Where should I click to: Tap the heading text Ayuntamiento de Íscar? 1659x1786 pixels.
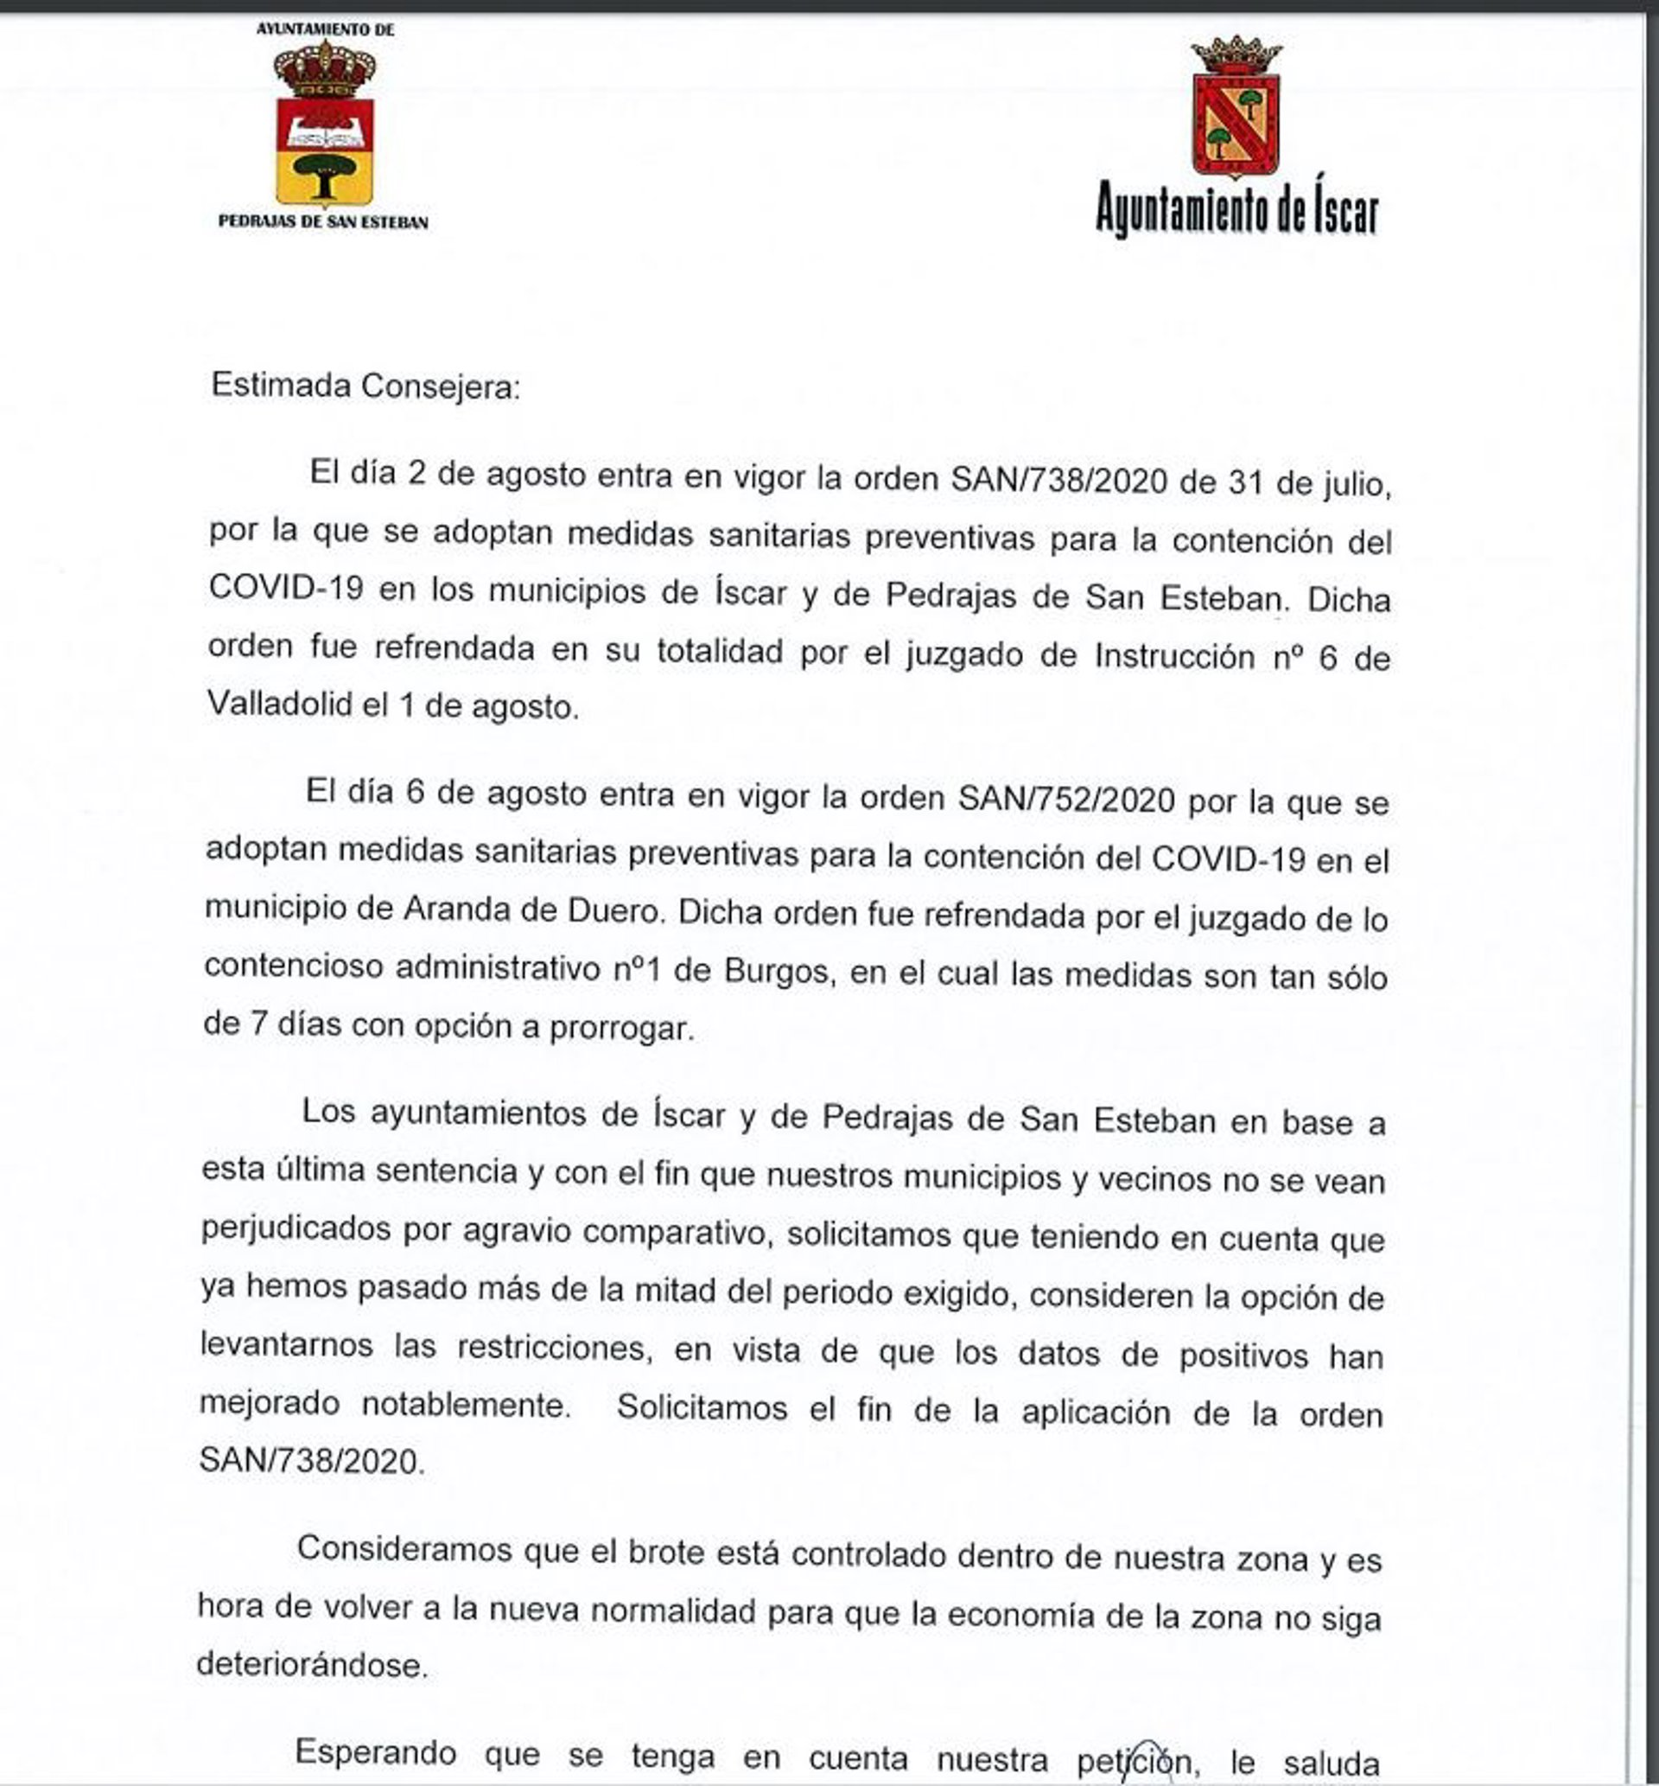coord(1236,211)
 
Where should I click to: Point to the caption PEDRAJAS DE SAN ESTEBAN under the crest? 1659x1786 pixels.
coord(323,222)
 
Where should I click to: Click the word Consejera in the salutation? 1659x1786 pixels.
coord(440,387)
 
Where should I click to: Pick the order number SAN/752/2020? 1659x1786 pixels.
coord(1065,798)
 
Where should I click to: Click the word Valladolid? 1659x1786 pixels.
coord(279,704)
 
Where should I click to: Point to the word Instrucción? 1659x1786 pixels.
coord(1174,656)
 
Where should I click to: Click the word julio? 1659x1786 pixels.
coord(1357,485)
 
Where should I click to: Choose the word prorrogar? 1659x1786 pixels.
coord(621,1028)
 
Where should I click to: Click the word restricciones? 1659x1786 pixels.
coord(553,1349)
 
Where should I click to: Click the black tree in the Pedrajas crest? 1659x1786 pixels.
coord(324,173)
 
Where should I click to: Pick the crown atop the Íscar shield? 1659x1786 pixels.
coord(1236,55)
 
